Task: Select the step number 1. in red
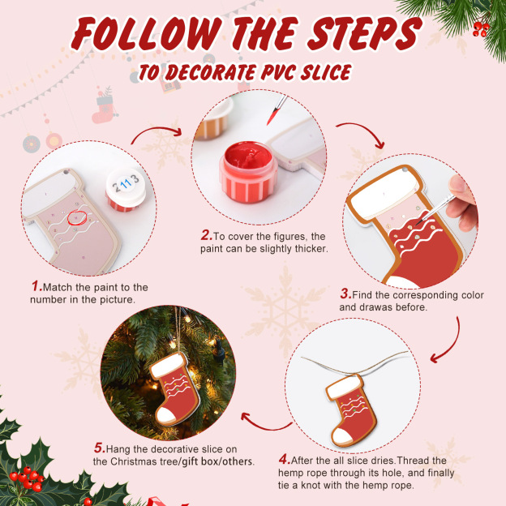click(36, 287)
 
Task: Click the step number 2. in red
click(207, 236)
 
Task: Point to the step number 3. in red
click(345, 294)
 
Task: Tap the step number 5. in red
click(99, 447)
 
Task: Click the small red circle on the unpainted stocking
click(78, 217)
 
